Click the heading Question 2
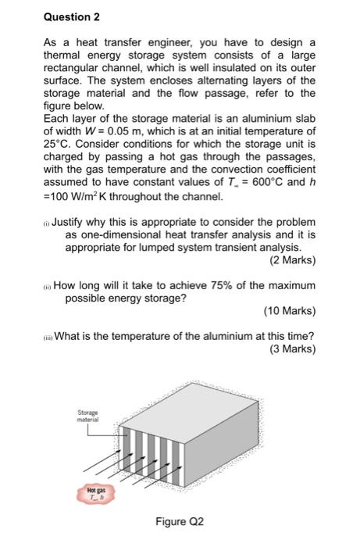click(x=71, y=16)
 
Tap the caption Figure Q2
click(x=180, y=520)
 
